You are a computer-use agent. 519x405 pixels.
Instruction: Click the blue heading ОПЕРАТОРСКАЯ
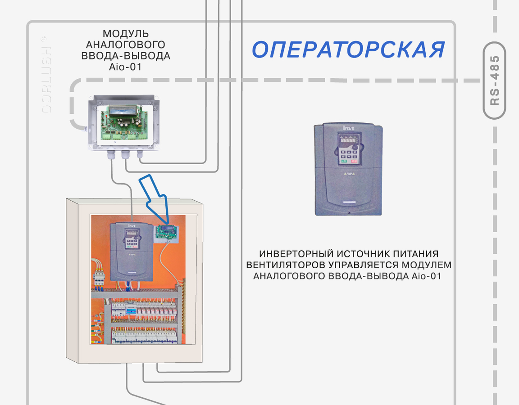pos(348,50)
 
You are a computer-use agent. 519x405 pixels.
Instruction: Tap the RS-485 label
pos(495,81)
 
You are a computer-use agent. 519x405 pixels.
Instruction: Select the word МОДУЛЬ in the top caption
pos(126,34)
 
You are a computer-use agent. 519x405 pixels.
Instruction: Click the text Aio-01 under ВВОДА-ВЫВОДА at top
pos(126,67)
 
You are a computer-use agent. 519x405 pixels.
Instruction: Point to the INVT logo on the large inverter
pos(349,128)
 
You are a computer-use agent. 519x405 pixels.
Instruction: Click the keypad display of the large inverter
pos(347,141)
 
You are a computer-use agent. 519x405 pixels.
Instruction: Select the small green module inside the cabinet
pos(165,232)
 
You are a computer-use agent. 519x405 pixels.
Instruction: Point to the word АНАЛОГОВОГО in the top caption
pos(125,45)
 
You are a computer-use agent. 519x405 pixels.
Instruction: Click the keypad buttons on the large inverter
pos(348,156)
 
